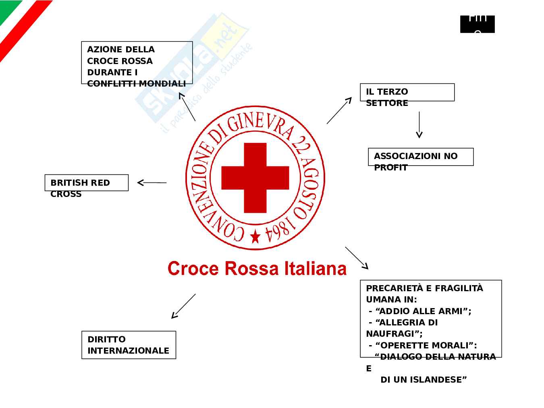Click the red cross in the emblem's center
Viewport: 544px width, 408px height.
click(255, 178)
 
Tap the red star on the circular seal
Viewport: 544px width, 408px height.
click(255, 237)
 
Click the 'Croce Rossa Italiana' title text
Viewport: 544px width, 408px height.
click(257, 269)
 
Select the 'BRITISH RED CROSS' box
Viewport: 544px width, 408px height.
click(86, 183)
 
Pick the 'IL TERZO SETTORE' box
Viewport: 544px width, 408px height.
click(407, 92)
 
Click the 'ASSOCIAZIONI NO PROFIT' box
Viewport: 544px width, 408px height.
click(421, 157)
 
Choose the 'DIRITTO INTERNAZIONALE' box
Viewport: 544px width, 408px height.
click(129, 345)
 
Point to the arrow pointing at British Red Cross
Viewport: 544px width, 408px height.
click(152, 183)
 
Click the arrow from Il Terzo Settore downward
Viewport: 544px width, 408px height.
click(419, 125)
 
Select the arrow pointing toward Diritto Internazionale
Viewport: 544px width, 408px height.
click(183, 306)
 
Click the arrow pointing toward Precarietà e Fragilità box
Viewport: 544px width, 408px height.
click(357, 258)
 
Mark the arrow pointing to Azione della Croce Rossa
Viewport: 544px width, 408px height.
click(187, 107)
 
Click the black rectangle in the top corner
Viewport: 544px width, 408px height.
click(478, 24)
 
